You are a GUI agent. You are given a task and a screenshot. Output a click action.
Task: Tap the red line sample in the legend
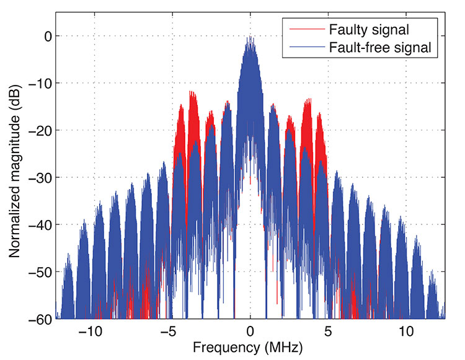coord(303,29)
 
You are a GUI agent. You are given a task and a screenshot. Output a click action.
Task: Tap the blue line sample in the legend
coord(303,46)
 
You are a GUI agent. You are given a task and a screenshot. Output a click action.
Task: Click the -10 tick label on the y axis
coord(38,83)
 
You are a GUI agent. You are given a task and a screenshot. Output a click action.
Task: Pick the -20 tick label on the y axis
coord(38,130)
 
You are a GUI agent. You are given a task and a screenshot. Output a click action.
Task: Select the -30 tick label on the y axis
coord(38,177)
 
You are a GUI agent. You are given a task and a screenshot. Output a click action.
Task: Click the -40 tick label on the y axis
coord(38,224)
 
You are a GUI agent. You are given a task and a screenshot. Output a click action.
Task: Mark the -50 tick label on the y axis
coord(38,271)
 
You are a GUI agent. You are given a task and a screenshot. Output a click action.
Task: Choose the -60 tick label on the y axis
coord(38,318)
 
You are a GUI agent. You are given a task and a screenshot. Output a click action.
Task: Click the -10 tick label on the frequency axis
coord(91,330)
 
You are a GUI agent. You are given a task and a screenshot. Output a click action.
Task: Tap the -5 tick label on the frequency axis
coord(169,330)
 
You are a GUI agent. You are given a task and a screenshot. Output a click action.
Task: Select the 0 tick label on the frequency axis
coord(250,330)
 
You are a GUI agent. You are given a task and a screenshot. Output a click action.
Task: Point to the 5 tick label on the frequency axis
coord(328,330)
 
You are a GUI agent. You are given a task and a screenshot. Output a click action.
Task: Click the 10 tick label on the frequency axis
coord(406,330)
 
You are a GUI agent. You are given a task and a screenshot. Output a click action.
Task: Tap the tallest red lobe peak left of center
coord(193,93)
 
